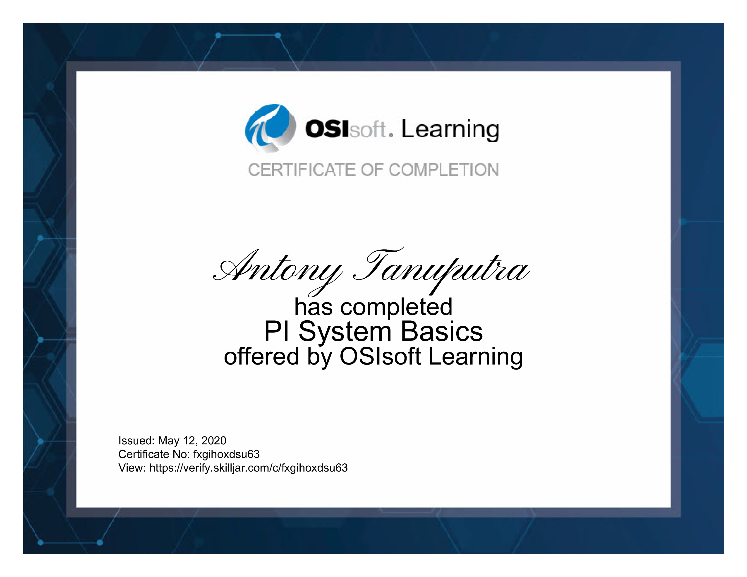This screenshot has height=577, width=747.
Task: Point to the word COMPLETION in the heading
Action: click(444, 170)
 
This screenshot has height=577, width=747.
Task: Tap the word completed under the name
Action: click(396, 307)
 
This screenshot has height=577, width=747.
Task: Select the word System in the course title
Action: click(345, 331)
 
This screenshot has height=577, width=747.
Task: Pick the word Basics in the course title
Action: click(442, 331)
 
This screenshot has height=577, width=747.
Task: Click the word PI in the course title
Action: click(276, 331)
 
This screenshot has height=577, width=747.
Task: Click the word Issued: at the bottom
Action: click(136, 441)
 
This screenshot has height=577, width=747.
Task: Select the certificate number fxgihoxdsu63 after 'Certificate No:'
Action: click(226, 455)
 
